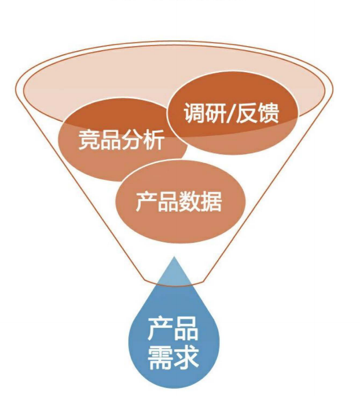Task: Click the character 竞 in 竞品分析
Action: pyautogui.click(x=89, y=139)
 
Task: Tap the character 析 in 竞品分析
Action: pyautogui.click(x=154, y=139)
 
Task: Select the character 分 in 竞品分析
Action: pyautogui.click(x=132, y=139)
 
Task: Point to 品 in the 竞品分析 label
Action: pyautogui.click(x=111, y=139)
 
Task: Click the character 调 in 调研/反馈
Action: pyautogui.click(x=194, y=113)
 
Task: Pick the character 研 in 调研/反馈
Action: pyautogui.click(x=216, y=113)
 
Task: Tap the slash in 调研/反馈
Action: pyautogui.click(x=234, y=113)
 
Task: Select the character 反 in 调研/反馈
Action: pyautogui.click(x=251, y=113)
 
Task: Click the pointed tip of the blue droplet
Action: pyautogui.click(x=173, y=258)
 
